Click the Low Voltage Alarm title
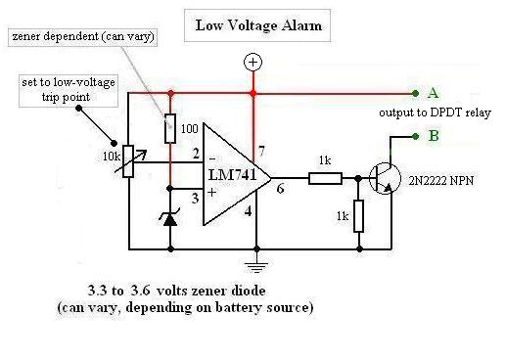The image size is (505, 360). click(258, 25)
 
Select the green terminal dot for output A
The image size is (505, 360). click(415, 94)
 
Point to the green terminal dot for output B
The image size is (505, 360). click(415, 136)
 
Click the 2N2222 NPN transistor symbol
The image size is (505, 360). click(385, 178)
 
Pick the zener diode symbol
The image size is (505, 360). click(170, 218)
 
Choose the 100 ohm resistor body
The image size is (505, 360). click(170, 128)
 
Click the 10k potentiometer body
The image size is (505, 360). click(128, 161)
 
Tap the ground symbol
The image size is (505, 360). click(256, 266)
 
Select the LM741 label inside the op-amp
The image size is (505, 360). click(232, 175)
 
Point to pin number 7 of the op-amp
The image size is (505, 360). click(261, 151)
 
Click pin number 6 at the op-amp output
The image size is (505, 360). click(280, 189)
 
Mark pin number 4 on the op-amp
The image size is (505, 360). click(249, 211)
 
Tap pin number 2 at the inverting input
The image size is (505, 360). click(196, 154)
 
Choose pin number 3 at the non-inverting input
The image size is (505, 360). click(195, 198)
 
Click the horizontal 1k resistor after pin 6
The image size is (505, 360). click(325, 179)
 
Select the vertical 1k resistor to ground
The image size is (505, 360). click(358, 216)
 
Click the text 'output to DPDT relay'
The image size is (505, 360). click(435, 112)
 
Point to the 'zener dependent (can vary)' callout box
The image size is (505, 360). click(83, 37)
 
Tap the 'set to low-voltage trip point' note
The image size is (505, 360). click(69, 90)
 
